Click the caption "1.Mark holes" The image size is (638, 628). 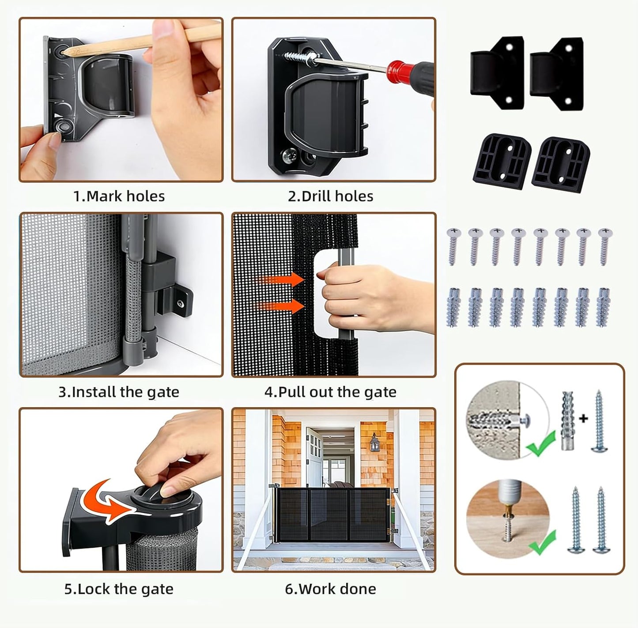click(x=119, y=196)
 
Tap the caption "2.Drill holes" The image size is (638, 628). click(x=330, y=196)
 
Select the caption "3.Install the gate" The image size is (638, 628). click(x=119, y=392)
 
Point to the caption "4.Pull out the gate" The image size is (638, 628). click(x=330, y=392)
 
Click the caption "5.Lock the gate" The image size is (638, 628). click(x=119, y=589)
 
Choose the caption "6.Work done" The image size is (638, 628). click(x=330, y=589)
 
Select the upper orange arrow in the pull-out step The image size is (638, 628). click(x=281, y=280)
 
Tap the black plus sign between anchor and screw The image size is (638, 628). click(x=584, y=419)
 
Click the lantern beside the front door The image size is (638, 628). click(x=375, y=442)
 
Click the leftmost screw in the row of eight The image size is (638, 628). click(x=453, y=246)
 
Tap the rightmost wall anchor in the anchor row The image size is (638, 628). click(x=603, y=307)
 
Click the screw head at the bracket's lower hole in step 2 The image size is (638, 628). click(x=288, y=155)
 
